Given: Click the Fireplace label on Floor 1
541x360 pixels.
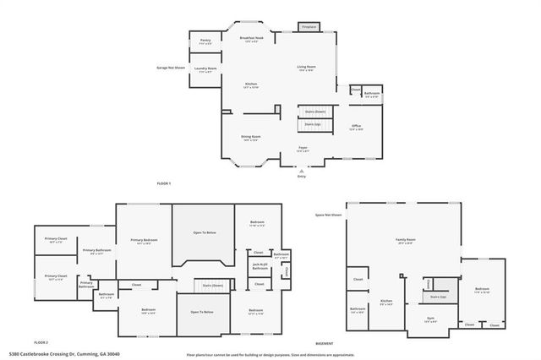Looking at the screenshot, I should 309,27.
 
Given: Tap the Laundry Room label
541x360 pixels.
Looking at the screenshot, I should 205,70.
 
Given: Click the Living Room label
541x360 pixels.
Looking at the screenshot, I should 305,68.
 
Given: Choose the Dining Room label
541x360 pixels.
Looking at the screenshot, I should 251,138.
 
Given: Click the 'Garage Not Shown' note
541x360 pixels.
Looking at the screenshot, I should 171,67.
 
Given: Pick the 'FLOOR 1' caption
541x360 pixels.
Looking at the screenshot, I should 164,183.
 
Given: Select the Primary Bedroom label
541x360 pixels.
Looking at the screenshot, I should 144,242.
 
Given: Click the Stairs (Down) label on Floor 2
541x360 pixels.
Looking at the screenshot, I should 212,286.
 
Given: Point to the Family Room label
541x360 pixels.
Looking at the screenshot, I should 407,241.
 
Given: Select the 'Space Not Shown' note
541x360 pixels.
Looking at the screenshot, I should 328,215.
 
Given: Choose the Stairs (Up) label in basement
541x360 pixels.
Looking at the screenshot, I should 438,297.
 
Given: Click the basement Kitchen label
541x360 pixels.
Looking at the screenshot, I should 386,302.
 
